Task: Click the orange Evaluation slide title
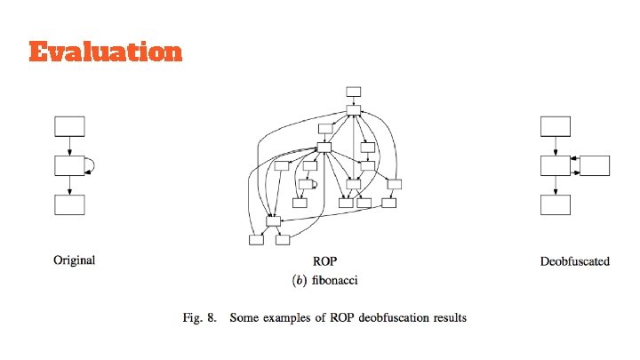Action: (105, 52)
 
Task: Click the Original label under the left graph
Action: (75, 260)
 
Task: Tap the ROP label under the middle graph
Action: (325, 261)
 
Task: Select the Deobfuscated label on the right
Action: (574, 261)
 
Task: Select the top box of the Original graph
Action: (69, 125)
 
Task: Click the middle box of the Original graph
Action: (69, 165)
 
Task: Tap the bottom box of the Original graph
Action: (69, 204)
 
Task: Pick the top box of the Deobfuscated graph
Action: (556, 125)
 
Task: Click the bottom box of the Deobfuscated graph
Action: (556, 204)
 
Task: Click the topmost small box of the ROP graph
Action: (353, 91)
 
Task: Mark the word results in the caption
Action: (449, 317)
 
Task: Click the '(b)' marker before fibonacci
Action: (300, 280)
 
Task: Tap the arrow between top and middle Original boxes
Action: (69, 146)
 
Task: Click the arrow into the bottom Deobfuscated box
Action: (556, 185)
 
